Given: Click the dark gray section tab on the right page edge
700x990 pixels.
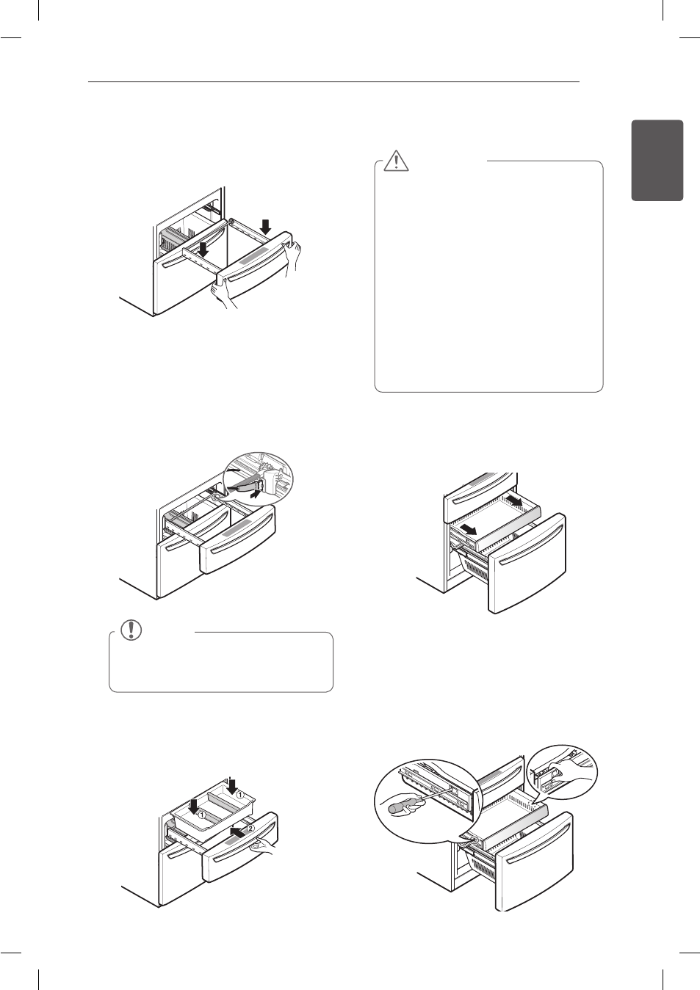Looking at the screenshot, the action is [x=657, y=160].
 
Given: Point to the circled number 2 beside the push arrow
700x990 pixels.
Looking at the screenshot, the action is [x=251, y=829].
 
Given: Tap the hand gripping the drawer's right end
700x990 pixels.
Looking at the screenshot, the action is [x=295, y=252].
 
